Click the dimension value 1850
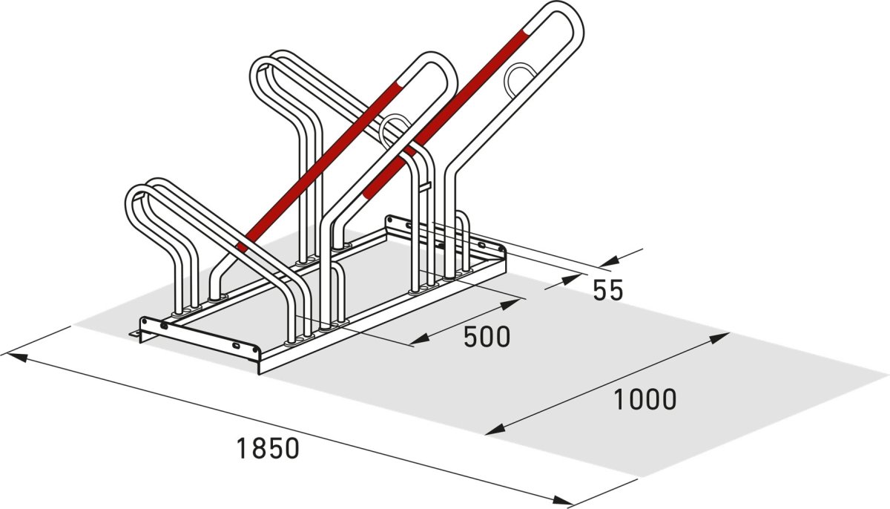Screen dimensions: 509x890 click(267, 448)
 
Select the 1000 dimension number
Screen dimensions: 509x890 click(645, 400)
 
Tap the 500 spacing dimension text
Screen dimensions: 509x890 click(487, 337)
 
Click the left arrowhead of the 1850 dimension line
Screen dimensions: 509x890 click(16, 357)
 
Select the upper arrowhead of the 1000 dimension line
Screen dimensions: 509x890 click(719, 338)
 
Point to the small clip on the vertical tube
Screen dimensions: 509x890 click(426, 186)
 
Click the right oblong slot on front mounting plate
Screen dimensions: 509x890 click(236, 347)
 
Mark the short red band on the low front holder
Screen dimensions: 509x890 click(242, 246)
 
